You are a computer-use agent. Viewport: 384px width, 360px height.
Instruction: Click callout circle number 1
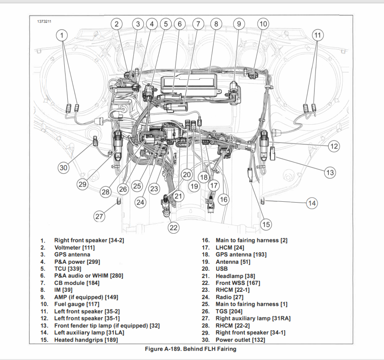point(63,35)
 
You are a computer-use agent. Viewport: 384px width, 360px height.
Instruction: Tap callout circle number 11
point(318,35)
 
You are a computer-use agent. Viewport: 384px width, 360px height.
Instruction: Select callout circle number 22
point(173,228)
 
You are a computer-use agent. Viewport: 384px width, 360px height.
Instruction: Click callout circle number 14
point(312,203)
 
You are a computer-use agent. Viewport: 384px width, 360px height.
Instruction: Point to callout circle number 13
point(330,172)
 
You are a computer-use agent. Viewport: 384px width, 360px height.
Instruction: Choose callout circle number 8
point(216,24)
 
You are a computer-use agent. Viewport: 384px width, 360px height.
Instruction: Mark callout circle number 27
point(100,216)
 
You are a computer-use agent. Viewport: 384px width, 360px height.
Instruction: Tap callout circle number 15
point(266,224)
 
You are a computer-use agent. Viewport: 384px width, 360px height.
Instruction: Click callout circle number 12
point(334,146)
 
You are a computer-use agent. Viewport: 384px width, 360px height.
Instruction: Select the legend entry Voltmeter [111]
point(74,247)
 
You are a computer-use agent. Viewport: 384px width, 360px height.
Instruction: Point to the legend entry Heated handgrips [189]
point(86,340)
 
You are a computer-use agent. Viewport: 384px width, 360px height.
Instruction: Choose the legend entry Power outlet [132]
point(240,340)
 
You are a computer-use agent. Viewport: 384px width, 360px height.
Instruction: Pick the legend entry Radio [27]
point(230,297)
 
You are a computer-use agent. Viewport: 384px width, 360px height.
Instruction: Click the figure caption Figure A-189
point(192,349)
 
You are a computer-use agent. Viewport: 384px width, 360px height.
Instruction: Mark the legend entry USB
point(222,269)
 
